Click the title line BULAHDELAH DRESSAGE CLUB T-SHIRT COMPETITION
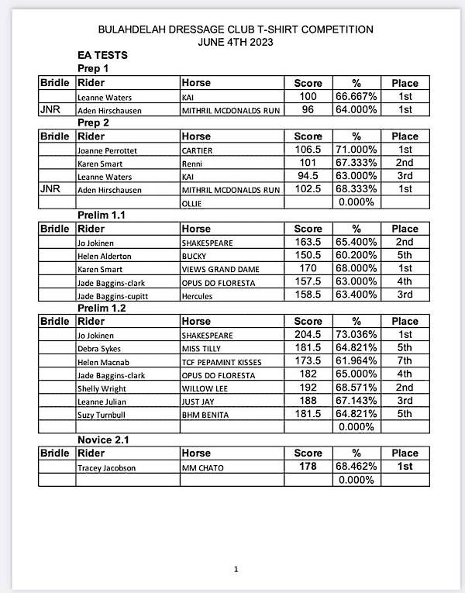pyautogui.click(x=236, y=29)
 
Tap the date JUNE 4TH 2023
pyautogui.click(x=236, y=42)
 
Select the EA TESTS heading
pyautogui.click(x=102, y=56)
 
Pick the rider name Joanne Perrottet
pyautogui.click(x=108, y=150)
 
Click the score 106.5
pyautogui.click(x=308, y=149)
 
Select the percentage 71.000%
pyautogui.click(x=356, y=149)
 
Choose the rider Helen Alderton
pyautogui.click(x=105, y=255)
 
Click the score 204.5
pyautogui.click(x=308, y=334)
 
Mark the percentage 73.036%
pyautogui.click(x=356, y=334)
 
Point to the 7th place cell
pyautogui.click(x=405, y=362)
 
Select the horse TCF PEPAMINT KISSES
pyautogui.click(x=222, y=363)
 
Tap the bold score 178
pyautogui.click(x=308, y=467)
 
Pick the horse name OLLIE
pyautogui.click(x=193, y=203)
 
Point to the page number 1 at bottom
pyautogui.click(x=236, y=570)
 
